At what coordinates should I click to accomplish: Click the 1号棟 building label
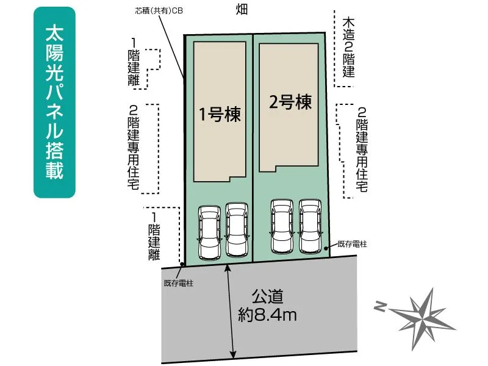(x=220, y=114)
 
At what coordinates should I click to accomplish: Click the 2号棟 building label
(x=290, y=102)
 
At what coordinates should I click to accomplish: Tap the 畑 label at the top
(x=242, y=9)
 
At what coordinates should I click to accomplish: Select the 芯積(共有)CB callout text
(x=159, y=11)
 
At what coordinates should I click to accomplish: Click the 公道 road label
(x=267, y=296)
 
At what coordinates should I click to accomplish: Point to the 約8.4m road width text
(x=267, y=315)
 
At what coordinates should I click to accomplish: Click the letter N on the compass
(x=380, y=307)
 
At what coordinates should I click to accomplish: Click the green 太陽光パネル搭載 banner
(x=54, y=102)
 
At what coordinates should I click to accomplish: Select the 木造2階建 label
(x=348, y=48)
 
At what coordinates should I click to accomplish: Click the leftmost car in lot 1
(x=209, y=232)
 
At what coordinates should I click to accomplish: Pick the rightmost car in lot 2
(x=310, y=226)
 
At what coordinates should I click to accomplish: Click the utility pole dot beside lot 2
(x=326, y=248)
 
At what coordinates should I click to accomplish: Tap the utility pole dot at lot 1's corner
(x=182, y=264)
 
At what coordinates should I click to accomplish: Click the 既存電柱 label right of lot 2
(x=353, y=244)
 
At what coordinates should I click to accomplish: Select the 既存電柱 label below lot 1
(x=179, y=283)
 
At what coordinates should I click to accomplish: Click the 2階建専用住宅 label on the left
(x=134, y=148)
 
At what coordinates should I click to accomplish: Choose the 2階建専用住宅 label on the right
(x=362, y=149)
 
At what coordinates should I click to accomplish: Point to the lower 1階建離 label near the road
(x=154, y=236)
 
